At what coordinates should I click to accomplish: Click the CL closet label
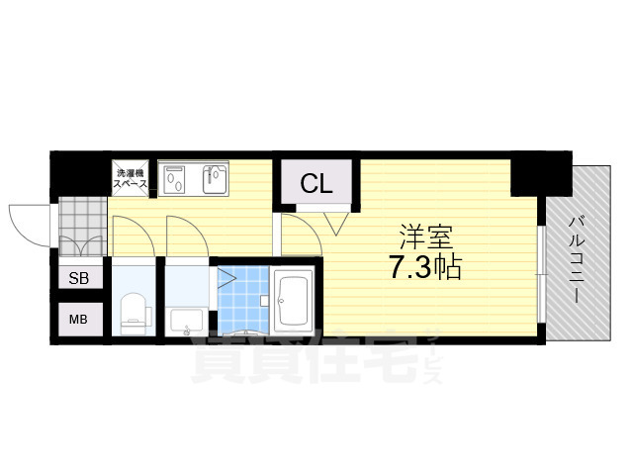tap(316, 183)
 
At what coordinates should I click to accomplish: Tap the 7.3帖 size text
tap(425, 267)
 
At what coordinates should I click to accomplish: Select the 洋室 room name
tap(426, 237)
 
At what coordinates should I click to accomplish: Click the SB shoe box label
tap(79, 279)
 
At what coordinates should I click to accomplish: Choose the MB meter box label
tap(79, 319)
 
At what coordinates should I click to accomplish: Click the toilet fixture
tap(132, 311)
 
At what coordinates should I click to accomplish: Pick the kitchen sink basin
tap(216, 179)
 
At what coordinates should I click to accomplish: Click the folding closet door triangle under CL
tap(334, 223)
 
